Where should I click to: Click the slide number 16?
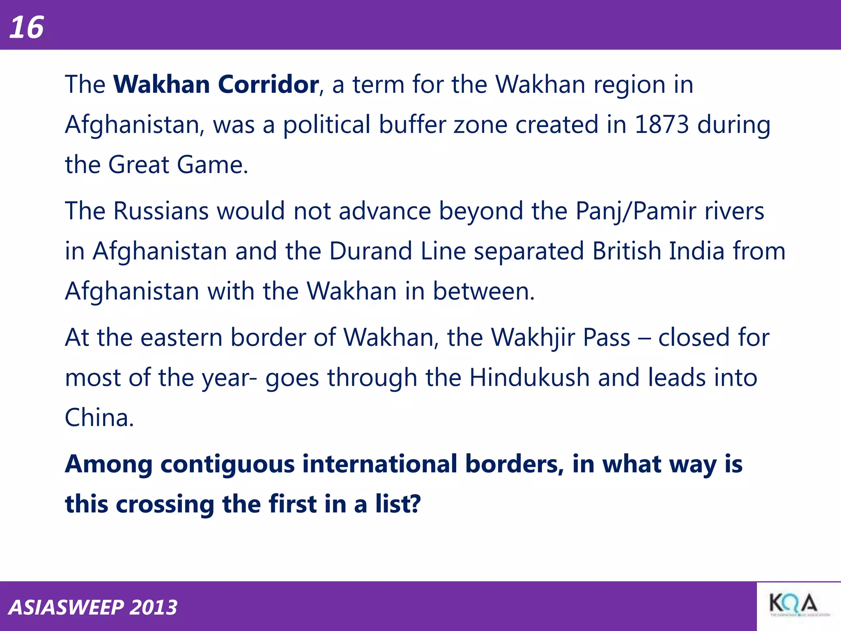point(27,28)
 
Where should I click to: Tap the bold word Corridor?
point(268,85)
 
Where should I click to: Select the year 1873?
point(662,124)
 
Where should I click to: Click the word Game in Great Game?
point(212,165)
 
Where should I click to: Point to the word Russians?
point(161,211)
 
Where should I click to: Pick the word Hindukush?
point(529,378)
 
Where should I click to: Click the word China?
point(99,418)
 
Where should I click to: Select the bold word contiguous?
point(227,464)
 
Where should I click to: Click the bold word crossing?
point(165,504)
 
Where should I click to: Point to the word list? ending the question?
point(398,504)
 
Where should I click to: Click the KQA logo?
point(793,606)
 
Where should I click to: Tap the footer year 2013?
point(153,608)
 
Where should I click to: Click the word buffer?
point(412,124)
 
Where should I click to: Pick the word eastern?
point(181,338)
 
